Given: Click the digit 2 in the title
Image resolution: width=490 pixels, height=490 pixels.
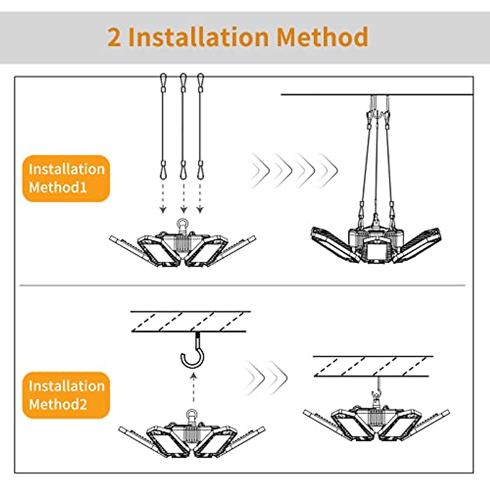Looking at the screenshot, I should [115, 37].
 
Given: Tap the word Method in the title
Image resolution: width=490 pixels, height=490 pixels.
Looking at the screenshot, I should [322, 37].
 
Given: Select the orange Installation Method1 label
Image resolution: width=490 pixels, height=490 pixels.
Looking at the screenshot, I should [66, 178].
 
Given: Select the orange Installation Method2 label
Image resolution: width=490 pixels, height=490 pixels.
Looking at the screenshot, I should [66, 395].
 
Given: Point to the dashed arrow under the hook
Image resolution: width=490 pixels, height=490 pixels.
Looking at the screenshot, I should [193, 390].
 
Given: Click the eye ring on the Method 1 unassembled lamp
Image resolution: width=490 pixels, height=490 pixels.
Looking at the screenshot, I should [182, 224].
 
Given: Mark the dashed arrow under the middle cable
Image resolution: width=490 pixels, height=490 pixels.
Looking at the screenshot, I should [183, 198].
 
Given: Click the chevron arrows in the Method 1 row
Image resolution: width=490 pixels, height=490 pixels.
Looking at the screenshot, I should [294, 170].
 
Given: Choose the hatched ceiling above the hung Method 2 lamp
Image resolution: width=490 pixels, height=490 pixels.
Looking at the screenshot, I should [372, 366].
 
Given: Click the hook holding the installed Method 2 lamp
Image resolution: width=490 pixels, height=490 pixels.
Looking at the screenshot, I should [375, 395].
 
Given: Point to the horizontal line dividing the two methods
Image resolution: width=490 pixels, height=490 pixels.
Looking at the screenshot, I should [243, 285].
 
